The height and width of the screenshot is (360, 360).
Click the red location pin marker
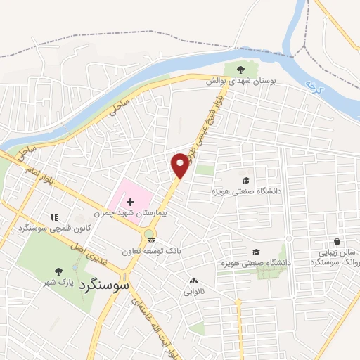tap(180, 165)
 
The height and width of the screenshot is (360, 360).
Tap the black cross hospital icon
tap(130, 202)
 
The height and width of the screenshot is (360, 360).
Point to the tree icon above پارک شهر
tap(58, 271)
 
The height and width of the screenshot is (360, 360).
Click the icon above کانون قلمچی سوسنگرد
tap(53, 217)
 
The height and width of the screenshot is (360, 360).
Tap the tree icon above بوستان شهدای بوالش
tap(241, 70)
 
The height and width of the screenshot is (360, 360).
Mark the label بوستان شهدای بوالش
tap(241, 81)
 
